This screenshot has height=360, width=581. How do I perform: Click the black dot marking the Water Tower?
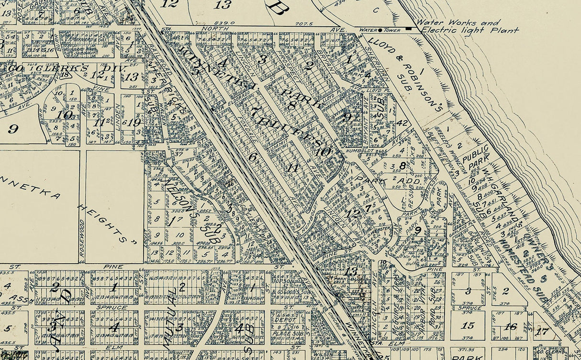[380, 30]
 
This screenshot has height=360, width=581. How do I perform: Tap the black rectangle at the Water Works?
[408, 29]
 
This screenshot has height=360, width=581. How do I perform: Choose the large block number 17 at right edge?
[542, 331]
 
